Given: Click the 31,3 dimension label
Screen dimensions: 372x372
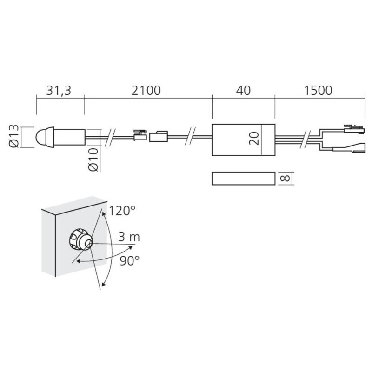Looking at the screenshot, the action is [59, 91].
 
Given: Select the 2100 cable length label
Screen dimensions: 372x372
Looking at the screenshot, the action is [146, 91].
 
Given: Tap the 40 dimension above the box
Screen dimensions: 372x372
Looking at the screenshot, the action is [243, 91].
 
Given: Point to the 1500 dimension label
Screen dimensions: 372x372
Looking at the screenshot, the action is [318, 91].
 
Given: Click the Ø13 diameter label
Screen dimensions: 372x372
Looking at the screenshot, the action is [14, 136].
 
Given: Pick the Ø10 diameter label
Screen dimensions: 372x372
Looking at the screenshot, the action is [93, 159].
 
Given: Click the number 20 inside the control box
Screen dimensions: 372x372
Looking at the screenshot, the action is [254, 139].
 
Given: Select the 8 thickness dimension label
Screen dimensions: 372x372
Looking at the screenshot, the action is [285, 178].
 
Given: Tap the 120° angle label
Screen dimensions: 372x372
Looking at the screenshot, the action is [122, 211].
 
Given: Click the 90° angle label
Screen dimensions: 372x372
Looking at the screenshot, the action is [129, 261].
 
